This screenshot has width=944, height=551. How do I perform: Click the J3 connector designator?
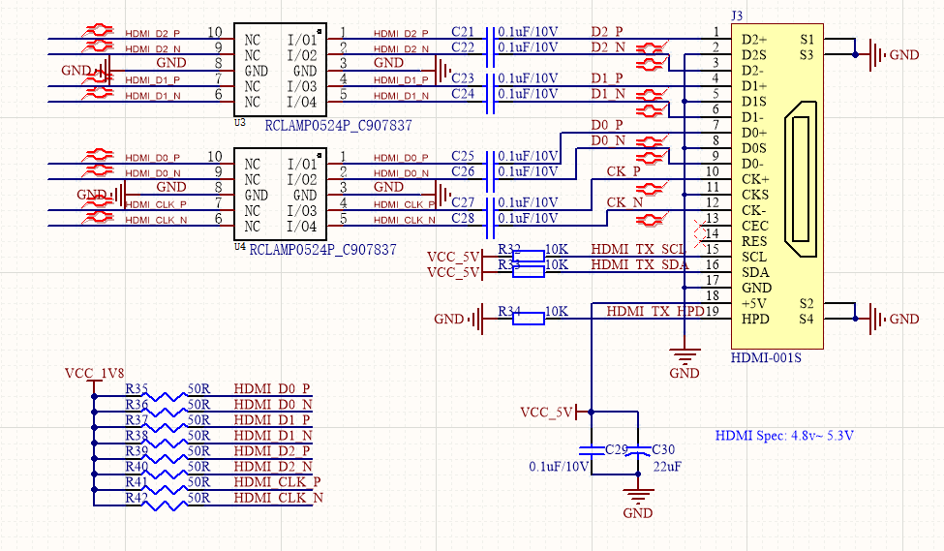[738, 15]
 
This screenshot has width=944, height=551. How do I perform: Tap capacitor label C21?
[463, 32]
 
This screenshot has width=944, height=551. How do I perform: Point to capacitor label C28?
[463, 218]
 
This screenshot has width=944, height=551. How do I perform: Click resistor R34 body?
[528, 319]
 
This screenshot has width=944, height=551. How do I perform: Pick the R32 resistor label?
[509, 249]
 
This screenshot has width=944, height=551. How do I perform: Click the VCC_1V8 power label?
[93, 372]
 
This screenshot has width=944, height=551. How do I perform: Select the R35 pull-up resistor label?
[137, 388]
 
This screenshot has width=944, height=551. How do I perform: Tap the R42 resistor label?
[137, 497]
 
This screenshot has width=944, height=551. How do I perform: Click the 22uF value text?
[666, 466]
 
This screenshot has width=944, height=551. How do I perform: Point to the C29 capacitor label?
[616, 450]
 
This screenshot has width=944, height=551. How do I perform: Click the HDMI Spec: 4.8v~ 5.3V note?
[784, 436]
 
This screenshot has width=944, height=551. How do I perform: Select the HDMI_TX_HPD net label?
[655, 311]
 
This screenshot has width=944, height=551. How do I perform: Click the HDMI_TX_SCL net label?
[639, 249]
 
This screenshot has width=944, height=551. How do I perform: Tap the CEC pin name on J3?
[754, 226]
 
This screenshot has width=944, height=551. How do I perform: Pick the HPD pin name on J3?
[754, 319]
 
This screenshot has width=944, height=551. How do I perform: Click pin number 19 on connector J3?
[712, 311]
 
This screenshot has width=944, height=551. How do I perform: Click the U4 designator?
[239, 248]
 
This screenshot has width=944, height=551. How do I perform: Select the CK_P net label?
[623, 171]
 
